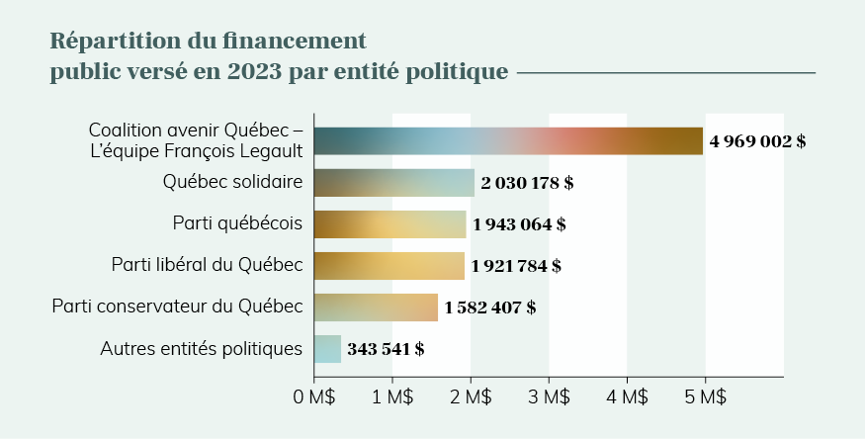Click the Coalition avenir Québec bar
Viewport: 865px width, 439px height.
click(508, 141)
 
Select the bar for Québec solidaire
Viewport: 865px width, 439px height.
click(393, 183)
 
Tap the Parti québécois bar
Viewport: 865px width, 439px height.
click(389, 224)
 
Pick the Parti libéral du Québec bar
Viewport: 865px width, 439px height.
click(389, 265)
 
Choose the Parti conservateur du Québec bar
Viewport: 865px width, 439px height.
click(376, 307)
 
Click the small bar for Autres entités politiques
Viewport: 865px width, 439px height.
click(327, 348)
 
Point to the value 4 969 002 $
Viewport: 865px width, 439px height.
click(757, 141)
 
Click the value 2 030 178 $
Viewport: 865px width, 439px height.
click(527, 183)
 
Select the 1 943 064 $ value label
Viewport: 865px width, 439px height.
click(519, 224)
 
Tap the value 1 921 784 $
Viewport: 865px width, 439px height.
click(516, 266)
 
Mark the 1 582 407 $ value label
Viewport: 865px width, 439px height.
click(490, 307)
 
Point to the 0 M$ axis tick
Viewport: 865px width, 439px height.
click(314, 397)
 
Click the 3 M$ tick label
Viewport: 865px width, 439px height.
click(549, 397)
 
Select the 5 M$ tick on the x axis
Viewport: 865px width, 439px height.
click(705, 397)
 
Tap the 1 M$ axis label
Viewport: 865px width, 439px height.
click(392, 397)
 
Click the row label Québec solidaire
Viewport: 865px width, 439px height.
click(232, 182)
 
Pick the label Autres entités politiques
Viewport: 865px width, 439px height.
click(202, 348)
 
